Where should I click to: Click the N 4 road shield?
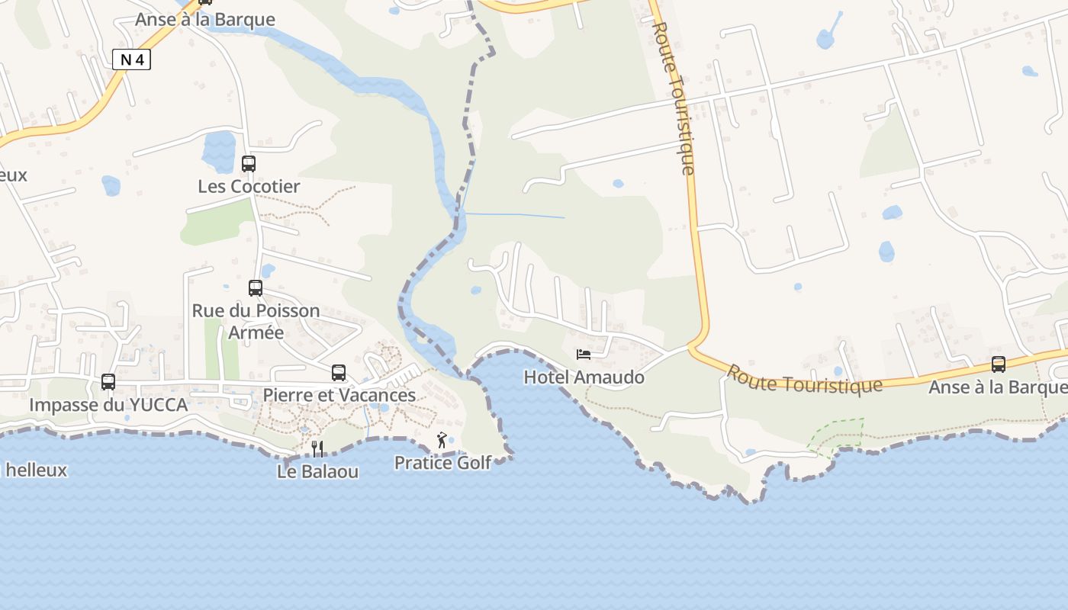click(131, 59)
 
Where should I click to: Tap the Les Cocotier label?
click(249, 186)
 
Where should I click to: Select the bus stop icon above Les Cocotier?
click(249, 163)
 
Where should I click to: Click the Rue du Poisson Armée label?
click(256, 321)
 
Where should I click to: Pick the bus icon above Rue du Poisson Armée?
click(256, 288)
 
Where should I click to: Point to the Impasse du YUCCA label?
click(108, 405)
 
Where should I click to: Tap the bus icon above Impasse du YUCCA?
click(108, 381)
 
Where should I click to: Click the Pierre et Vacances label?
click(339, 395)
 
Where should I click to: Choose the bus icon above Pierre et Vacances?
click(339, 373)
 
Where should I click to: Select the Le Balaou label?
click(317, 471)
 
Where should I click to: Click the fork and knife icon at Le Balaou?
click(317, 448)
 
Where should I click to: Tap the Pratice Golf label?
click(442, 462)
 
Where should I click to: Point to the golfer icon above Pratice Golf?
click(442, 440)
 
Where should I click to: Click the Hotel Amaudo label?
click(584, 377)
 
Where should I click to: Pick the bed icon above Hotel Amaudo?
click(584, 355)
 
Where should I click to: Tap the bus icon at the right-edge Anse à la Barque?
click(999, 364)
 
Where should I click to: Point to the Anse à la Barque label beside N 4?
click(204, 19)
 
